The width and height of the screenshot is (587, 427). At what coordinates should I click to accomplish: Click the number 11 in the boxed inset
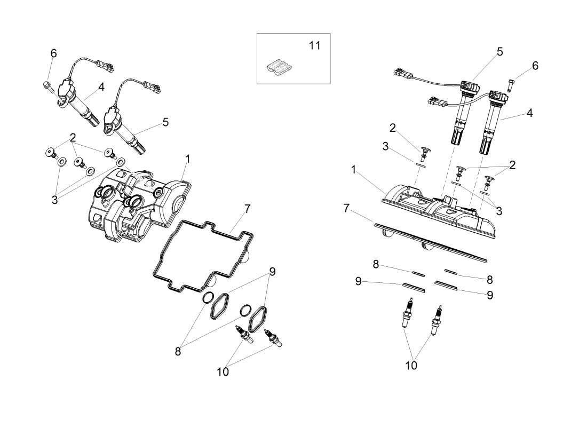click(315, 45)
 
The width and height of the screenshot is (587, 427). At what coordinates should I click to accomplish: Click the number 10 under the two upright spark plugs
click(411, 366)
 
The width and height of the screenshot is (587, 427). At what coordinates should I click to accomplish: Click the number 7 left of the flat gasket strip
click(347, 208)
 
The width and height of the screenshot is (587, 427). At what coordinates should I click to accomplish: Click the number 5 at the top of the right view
click(500, 51)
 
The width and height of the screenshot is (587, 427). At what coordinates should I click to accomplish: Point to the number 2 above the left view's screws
click(73, 137)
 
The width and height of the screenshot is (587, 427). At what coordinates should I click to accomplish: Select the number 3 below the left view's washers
click(54, 200)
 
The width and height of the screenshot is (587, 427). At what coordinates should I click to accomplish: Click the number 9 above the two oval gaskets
click(272, 271)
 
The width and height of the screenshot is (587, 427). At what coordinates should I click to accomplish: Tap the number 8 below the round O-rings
click(179, 351)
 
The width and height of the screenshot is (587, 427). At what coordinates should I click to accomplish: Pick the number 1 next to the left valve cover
click(188, 159)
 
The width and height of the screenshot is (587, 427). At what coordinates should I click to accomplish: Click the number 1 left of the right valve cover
click(354, 169)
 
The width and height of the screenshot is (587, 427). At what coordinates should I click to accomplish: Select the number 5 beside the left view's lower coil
click(165, 122)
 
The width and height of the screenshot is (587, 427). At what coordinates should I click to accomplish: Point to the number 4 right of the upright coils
click(529, 113)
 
